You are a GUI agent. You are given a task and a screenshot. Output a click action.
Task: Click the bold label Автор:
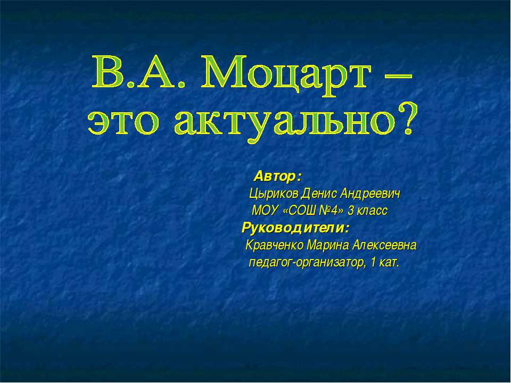click(x=277, y=176)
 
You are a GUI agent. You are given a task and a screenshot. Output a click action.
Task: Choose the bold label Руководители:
click(x=296, y=229)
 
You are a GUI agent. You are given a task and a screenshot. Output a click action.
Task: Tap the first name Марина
click(x=328, y=246)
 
